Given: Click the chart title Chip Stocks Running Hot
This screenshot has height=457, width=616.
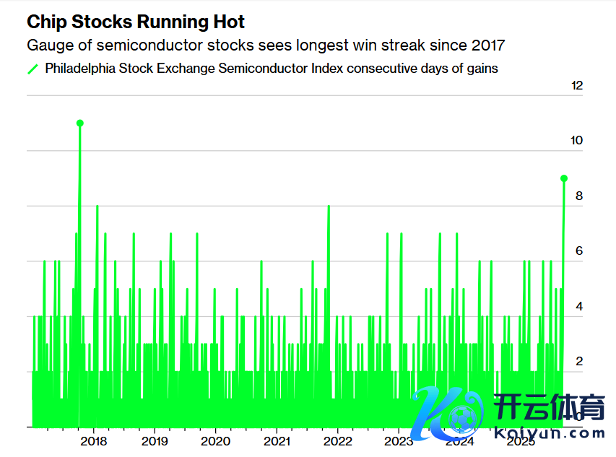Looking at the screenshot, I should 136,22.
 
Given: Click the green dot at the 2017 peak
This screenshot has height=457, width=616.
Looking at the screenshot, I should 79,123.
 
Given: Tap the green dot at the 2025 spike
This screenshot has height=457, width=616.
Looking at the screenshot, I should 564,178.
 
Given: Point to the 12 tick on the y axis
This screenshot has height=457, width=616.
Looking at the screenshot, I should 576,86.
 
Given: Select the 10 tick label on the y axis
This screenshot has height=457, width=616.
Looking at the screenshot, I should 576,141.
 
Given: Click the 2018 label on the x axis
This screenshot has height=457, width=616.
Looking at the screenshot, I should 94,441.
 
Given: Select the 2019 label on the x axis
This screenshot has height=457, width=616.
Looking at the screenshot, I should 155,441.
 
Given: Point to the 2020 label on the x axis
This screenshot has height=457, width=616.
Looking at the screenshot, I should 215,441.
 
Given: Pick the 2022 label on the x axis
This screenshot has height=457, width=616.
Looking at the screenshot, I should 337,441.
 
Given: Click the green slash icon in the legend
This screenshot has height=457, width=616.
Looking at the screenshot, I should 32,69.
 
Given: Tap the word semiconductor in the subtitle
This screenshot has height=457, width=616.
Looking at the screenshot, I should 136,45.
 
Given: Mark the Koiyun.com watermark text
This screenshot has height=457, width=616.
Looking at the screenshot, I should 550,433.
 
